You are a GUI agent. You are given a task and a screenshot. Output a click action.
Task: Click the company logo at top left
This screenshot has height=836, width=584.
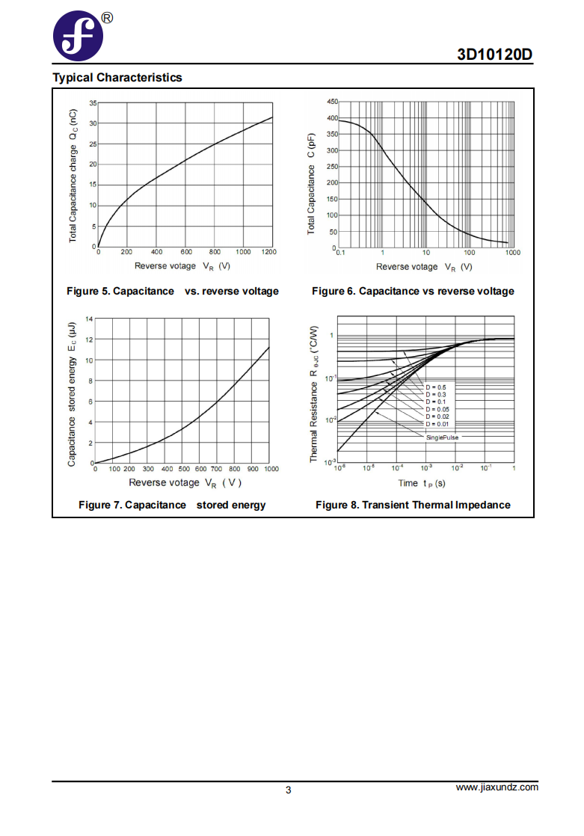pyautogui.click(x=78, y=36)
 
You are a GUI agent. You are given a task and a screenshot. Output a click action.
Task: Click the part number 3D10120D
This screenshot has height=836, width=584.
pyautogui.click(x=494, y=55)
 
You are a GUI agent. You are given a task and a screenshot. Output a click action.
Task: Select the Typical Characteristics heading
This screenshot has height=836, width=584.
pyautogui.click(x=117, y=78)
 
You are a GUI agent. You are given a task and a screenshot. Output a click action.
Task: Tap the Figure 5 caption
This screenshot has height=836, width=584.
pyautogui.click(x=173, y=291)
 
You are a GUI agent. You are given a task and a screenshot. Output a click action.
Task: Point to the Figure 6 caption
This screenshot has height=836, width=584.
pyautogui.click(x=414, y=291)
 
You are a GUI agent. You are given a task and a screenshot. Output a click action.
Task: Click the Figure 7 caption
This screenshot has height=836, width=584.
pyautogui.click(x=172, y=505)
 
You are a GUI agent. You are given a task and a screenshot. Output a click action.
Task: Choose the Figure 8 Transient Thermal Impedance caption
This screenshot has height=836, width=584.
pyautogui.click(x=413, y=505)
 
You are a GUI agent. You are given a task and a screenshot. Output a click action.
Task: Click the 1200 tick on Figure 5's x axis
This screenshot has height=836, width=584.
pyautogui.click(x=269, y=252)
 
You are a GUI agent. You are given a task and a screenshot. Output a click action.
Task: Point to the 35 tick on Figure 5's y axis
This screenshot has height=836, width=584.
pyautogui.click(x=93, y=103)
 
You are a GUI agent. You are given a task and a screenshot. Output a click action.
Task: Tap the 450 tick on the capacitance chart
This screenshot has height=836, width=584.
pyautogui.click(x=332, y=101)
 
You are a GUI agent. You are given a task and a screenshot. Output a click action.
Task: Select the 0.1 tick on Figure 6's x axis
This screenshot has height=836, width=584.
pyautogui.click(x=340, y=253)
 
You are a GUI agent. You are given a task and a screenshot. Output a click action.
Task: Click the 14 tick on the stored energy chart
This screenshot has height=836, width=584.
pyautogui.click(x=89, y=319)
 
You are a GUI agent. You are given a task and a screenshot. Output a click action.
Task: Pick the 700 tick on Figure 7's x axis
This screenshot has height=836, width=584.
pyautogui.click(x=216, y=469)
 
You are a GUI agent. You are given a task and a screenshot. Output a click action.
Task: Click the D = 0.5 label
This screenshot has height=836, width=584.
pyautogui.click(x=436, y=387)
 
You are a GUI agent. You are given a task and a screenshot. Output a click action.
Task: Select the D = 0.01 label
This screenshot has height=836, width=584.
pyautogui.click(x=438, y=425)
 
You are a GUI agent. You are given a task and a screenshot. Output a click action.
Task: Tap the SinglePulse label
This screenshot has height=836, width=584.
pyautogui.click(x=442, y=437)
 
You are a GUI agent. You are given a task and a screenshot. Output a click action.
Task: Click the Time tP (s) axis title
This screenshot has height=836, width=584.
pyautogui.click(x=421, y=484)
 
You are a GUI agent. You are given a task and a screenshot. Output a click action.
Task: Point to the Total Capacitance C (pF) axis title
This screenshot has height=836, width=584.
pyautogui.click(x=312, y=184)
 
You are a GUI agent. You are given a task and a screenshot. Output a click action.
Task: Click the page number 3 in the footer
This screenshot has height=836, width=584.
pyautogui.click(x=289, y=790)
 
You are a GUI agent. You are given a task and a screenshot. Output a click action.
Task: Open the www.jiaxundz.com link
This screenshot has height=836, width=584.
pyautogui.click(x=497, y=787)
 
